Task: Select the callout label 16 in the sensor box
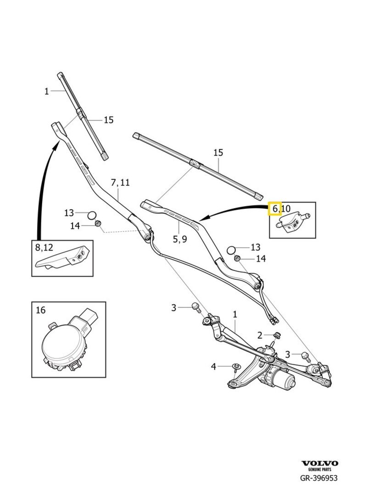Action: (x=40, y=310)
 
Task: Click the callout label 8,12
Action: (x=44, y=247)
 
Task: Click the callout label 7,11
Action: (x=120, y=182)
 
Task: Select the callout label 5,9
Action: (x=179, y=239)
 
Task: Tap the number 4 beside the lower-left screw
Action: (x=213, y=366)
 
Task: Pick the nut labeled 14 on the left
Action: (x=98, y=224)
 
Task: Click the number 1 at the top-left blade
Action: (x=46, y=91)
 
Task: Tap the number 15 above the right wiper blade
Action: (x=218, y=152)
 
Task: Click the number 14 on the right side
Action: (x=261, y=259)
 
